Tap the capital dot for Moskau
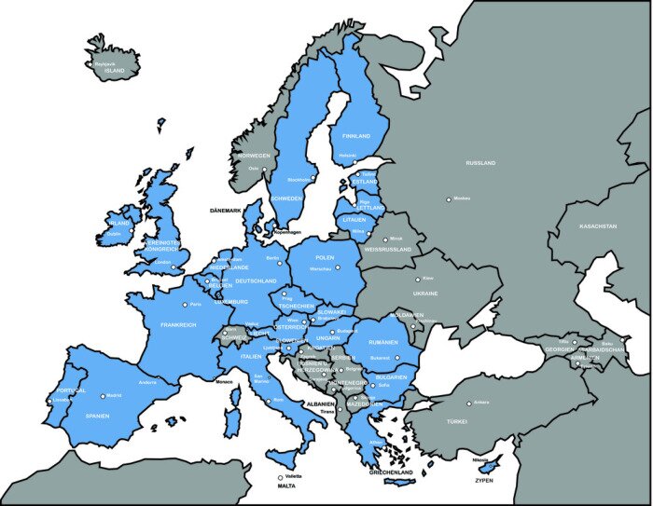449,198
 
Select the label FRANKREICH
179,325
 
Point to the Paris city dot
186,304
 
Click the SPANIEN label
98,416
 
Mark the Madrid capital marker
103,395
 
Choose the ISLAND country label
115,71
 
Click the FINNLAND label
356,136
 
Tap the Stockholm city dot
313,179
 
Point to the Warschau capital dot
338,267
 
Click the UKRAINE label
425,293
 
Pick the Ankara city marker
468,403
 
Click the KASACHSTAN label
598,226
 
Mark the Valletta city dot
279,478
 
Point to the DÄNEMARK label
226,212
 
